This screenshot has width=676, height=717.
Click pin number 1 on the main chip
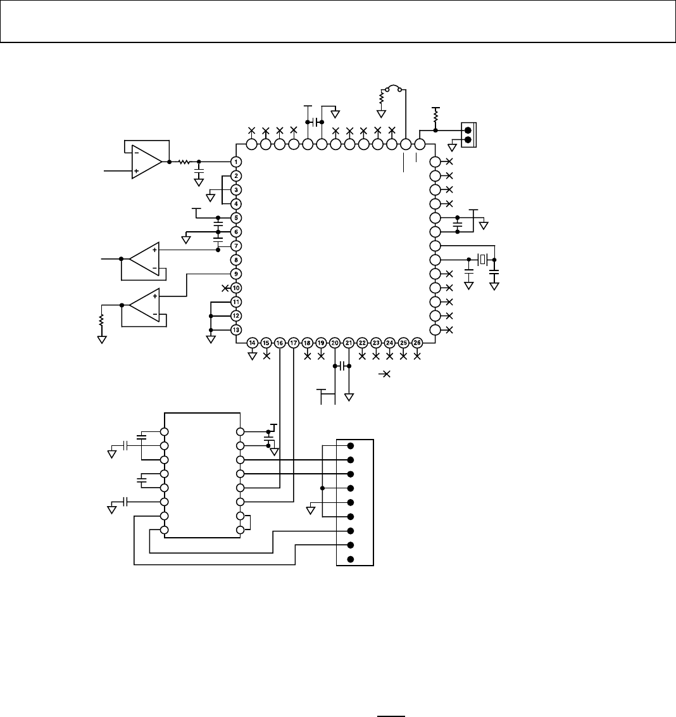[235, 162]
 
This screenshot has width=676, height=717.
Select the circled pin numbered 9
[235, 274]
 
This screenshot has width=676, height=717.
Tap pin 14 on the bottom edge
[252, 343]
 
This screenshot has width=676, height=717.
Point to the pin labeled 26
[417, 343]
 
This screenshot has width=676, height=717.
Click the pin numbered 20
[335, 343]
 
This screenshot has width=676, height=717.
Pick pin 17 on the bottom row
[294, 343]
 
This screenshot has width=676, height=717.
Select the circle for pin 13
[235, 329]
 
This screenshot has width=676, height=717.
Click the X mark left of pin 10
[226, 288]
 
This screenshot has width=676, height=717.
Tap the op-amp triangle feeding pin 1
[146, 162]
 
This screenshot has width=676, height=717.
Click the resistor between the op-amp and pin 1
[184, 162]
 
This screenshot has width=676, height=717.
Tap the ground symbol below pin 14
[252, 356]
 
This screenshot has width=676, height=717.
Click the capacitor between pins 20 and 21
[342, 366]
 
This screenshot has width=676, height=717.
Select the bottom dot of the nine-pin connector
[350, 559]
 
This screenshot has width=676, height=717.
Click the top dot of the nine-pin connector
[350, 446]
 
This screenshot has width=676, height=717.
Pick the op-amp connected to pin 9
[144, 305]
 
